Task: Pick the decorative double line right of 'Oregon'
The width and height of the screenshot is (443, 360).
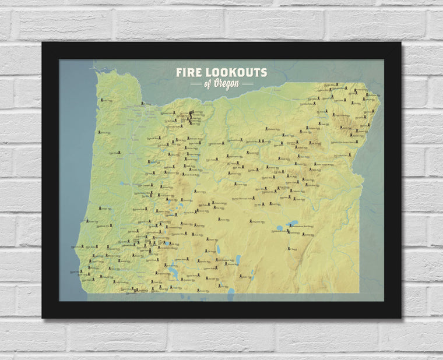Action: pos(247,84)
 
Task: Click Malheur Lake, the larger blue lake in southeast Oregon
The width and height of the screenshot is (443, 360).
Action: pos(291,223)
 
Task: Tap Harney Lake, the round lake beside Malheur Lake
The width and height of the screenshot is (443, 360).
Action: pos(279,228)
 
